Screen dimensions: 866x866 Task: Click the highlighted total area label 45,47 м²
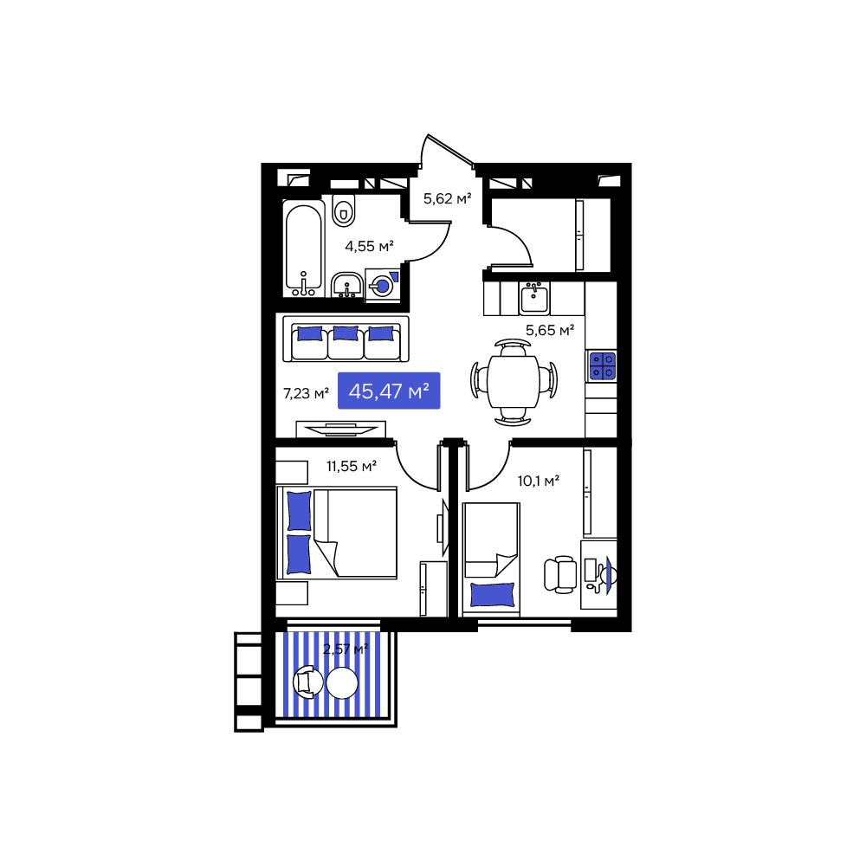pos(389,391)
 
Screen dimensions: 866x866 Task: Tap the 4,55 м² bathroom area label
pos(369,246)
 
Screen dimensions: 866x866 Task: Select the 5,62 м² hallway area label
pos(447,199)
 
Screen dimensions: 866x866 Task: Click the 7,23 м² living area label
pos(306,393)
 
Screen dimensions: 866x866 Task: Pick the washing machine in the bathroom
pos(382,285)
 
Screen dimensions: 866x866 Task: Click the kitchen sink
pos(533,299)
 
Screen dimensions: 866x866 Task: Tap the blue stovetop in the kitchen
pos(602,366)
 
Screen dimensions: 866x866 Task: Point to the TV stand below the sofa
pos(340,427)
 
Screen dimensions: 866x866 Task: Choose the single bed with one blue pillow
pos(491,559)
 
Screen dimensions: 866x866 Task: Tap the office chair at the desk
pos(560,573)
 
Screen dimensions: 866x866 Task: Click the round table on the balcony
pos(342,683)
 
